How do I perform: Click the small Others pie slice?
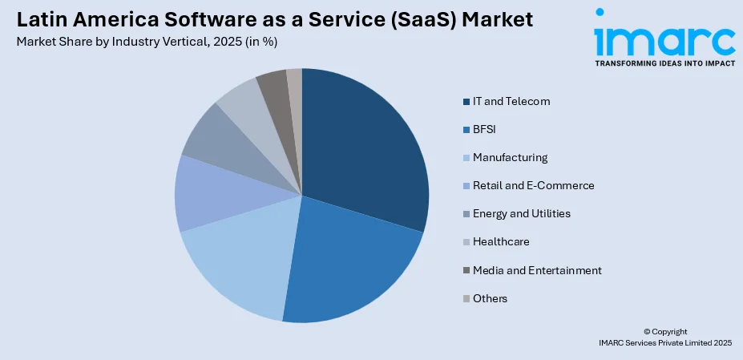(x=295, y=80)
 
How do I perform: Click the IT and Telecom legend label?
(x=511, y=101)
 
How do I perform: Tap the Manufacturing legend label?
(x=510, y=157)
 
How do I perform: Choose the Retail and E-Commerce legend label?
(x=533, y=185)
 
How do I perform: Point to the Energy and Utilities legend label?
(x=521, y=213)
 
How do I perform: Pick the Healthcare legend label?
(x=501, y=241)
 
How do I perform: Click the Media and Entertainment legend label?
(x=537, y=270)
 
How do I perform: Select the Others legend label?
(x=490, y=298)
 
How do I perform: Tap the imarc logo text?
(x=664, y=40)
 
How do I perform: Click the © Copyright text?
(x=665, y=331)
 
